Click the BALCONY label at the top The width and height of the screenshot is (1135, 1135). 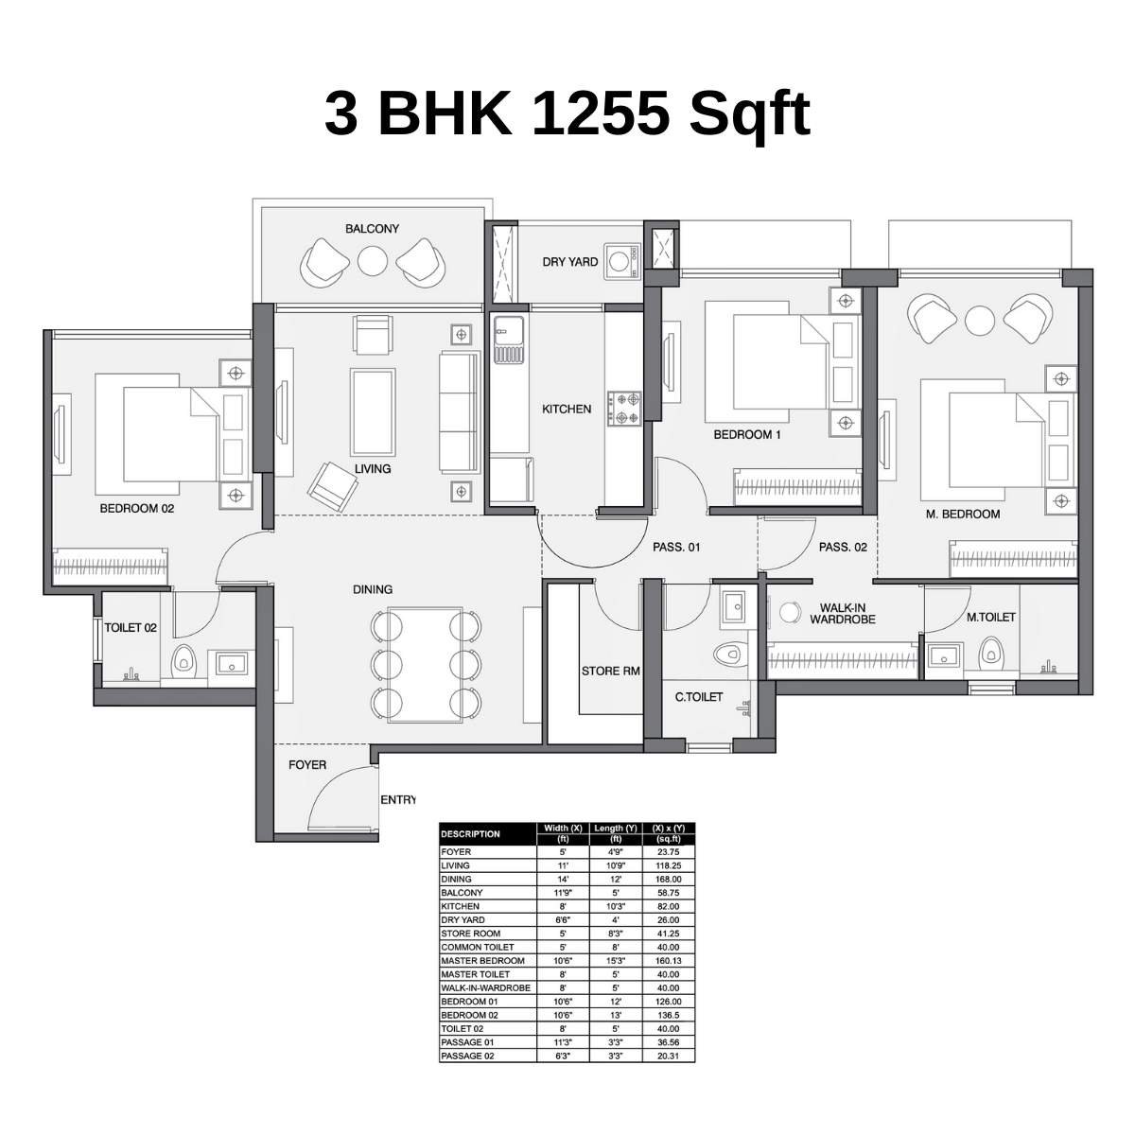pos(372,229)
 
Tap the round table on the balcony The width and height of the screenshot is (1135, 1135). pos(373,260)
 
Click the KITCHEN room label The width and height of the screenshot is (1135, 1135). pos(567,410)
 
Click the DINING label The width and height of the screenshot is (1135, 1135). pos(373,589)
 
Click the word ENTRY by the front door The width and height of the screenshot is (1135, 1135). pos(397,800)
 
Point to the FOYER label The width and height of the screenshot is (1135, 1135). pos(307,765)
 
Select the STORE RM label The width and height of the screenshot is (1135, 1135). pos(610,672)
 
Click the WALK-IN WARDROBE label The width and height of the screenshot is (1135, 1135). pos(842,614)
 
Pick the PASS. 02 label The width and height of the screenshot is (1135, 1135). pos(842,547)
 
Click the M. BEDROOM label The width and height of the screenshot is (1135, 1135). pos(962,515)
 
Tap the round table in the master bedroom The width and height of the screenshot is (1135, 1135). pos(979,320)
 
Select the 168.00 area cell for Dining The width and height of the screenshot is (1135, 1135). pos(669,879)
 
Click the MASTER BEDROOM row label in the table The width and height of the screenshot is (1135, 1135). pos(482,961)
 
